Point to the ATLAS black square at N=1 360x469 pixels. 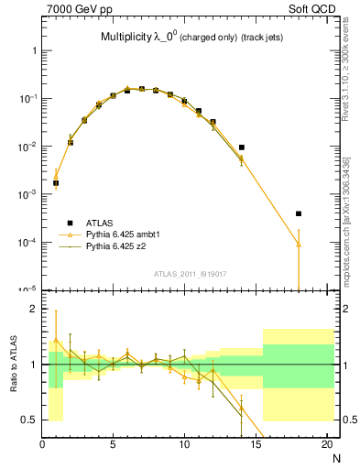click(56, 183)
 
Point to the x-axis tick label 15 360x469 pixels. click(256, 445)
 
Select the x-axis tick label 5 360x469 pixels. click(113, 445)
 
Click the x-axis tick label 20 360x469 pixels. click(326, 445)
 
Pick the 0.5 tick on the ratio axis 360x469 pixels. click(32, 420)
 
